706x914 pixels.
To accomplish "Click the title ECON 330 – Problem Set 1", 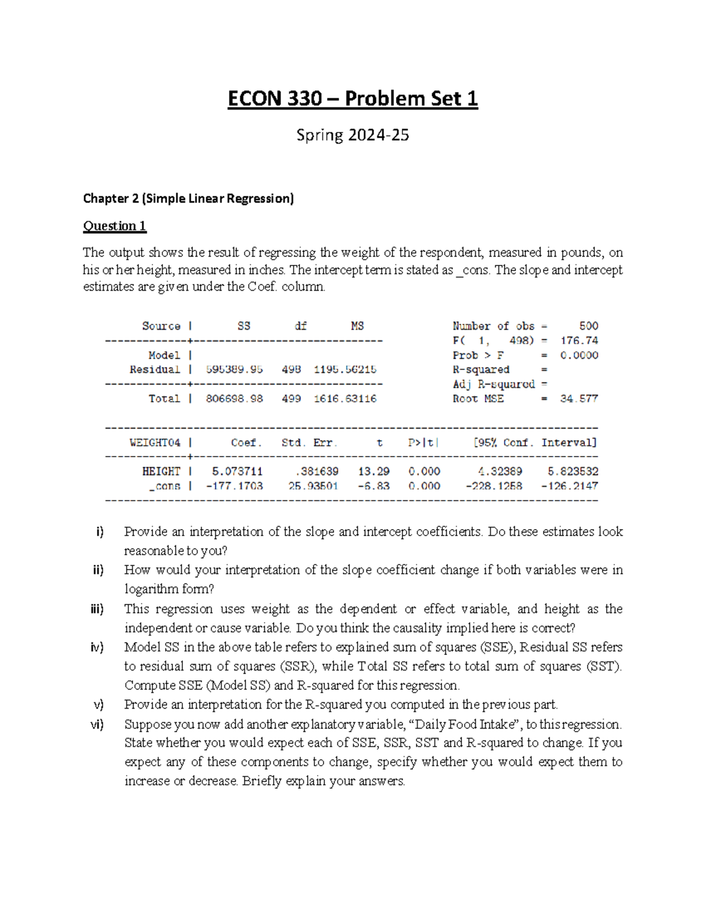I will click(352, 98).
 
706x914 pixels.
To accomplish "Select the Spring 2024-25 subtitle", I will click(352, 135).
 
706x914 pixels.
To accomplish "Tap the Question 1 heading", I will click(114, 226).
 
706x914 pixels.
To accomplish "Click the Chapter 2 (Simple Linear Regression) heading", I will click(188, 198).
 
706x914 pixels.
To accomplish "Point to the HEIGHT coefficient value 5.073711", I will click(237, 471).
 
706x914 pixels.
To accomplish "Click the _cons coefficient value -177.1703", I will click(234, 486).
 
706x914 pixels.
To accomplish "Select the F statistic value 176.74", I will click(579, 341).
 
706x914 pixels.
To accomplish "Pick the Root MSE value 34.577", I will click(579, 398).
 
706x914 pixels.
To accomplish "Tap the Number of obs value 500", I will click(588, 326).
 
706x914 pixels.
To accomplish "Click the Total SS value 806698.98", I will click(234, 398).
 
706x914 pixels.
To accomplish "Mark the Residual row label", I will click(155, 370).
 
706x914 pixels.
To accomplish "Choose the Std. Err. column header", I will click(309, 443).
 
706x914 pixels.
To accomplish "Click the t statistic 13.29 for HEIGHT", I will click(374, 471).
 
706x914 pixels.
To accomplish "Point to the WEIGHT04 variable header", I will click(155, 443).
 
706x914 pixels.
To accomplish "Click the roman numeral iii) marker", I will click(97, 609).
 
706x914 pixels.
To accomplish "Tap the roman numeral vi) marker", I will click(97, 724).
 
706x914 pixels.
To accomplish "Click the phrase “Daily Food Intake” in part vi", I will click(464, 724).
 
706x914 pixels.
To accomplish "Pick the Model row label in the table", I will click(164, 355).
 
